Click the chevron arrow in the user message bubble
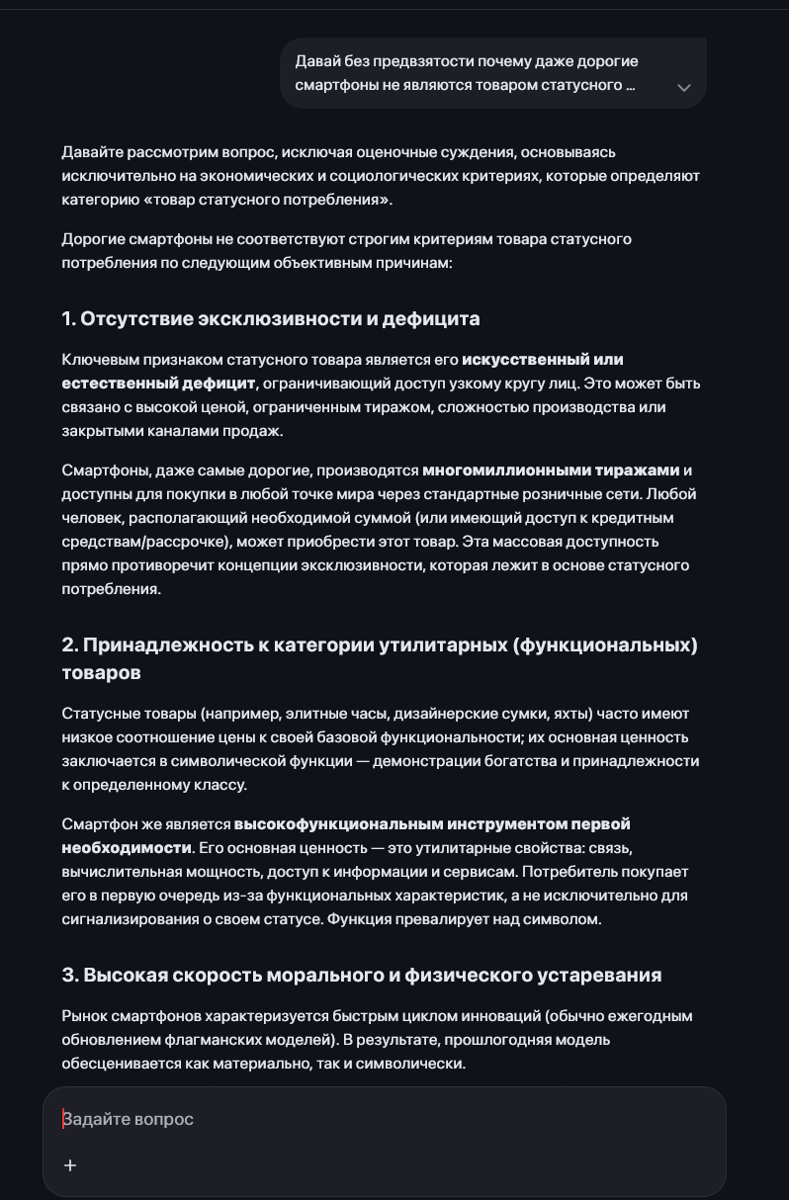[683, 87]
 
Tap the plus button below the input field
[70, 1165]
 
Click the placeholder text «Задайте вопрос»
[129, 1119]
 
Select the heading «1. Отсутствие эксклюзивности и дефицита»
[270, 318]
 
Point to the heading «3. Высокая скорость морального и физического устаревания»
[361, 975]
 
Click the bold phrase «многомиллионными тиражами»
[551, 470]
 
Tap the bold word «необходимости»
[126, 847]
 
